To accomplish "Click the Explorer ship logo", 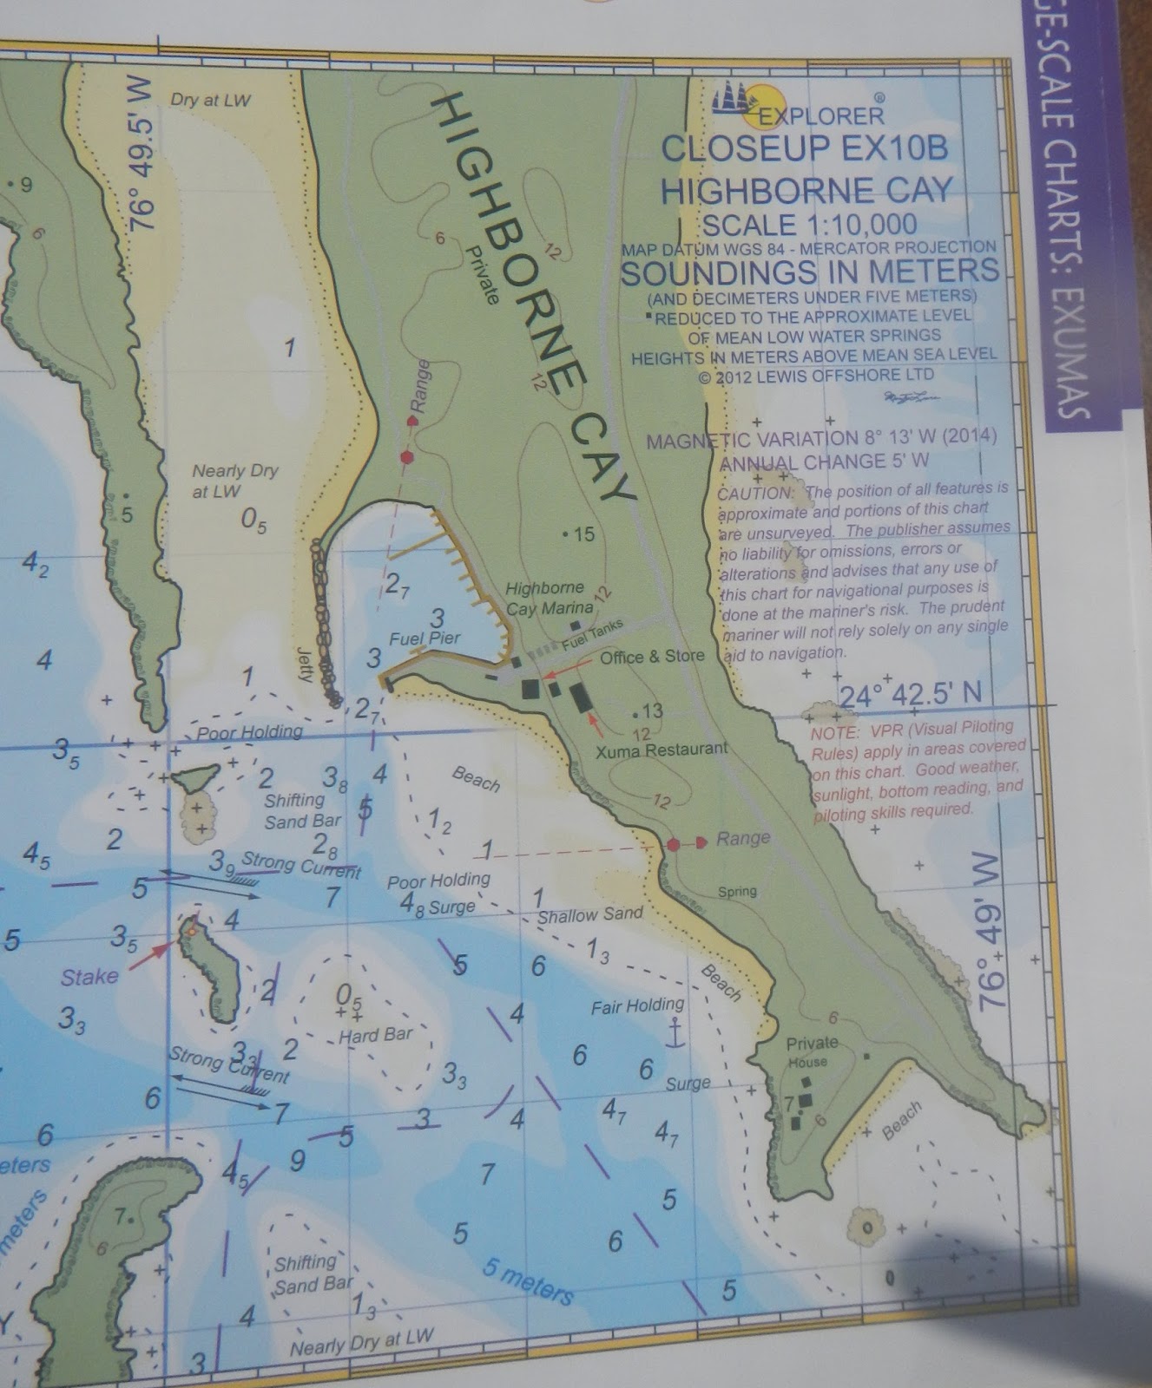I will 738,98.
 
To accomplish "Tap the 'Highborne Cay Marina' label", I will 549,598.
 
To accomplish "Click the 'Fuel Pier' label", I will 425,638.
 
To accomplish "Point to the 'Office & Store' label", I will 652,657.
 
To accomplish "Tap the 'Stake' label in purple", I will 89,977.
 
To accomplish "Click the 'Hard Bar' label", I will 376,1035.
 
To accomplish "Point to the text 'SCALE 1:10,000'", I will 809,225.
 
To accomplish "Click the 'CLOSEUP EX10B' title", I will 804,148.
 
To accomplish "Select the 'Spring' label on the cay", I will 737,891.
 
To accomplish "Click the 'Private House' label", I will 811,1051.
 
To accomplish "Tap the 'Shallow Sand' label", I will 590,913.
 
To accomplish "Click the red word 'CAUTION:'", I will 756,493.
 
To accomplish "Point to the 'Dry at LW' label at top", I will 210,100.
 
